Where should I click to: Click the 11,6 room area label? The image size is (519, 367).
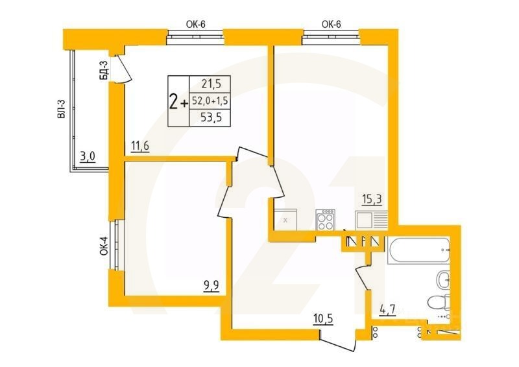[140, 147]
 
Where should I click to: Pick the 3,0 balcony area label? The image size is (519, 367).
[88, 156]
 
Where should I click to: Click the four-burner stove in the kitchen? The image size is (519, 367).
[326, 220]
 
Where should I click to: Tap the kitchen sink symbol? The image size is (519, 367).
[370, 220]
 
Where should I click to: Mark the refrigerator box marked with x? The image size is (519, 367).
[285, 220]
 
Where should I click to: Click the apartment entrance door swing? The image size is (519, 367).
[338, 340]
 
